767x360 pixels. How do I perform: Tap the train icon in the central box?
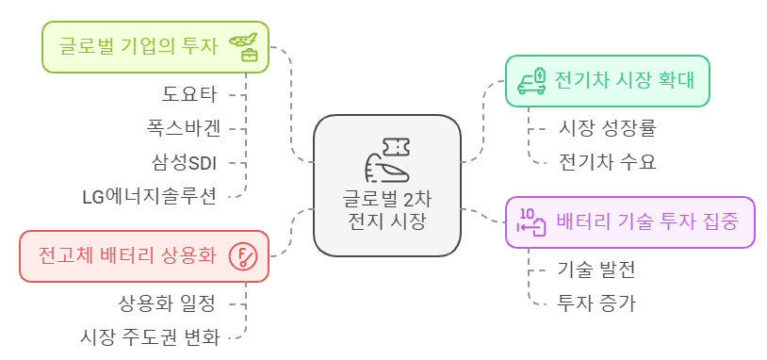(x=386, y=160)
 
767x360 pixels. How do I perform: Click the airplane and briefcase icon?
(x=246, y=47)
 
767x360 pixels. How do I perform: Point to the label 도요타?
(x=189, y=93)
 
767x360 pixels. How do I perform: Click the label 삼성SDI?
(x=184, y=162)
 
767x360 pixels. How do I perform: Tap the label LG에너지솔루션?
(x=150, y=196)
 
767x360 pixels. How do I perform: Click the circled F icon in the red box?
(x=245, y=256)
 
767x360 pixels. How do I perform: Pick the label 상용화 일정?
(x=167, y=303)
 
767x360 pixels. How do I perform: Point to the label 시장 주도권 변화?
(x=151, y=336)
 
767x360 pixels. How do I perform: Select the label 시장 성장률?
(x=607, y=126)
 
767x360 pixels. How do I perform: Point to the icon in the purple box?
(x=533, y=222)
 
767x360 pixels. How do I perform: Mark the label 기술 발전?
(x=596, y=269)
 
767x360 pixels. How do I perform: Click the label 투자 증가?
(x=596, y=303)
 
